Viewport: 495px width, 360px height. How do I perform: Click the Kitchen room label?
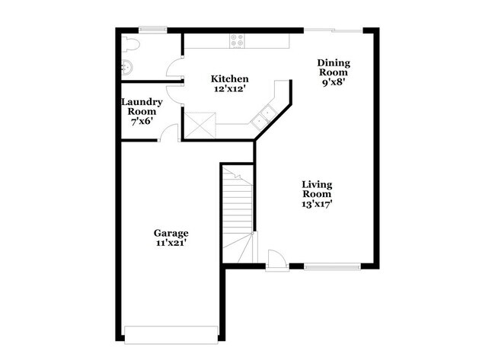coord(229,78)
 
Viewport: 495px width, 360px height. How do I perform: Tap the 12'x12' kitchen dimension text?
coord(229,88)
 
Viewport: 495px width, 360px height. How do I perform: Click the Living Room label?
coord(317,188)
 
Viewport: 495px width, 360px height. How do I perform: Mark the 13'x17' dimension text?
coord(317,203)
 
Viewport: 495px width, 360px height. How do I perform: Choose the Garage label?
coord(171,233)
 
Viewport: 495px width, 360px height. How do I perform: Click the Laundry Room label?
coord(139,107)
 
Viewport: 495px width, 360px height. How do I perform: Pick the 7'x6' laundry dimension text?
coord(139,122)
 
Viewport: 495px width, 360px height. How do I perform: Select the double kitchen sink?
coord(267,116)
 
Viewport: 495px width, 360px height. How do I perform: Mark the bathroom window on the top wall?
coord(152,30)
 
